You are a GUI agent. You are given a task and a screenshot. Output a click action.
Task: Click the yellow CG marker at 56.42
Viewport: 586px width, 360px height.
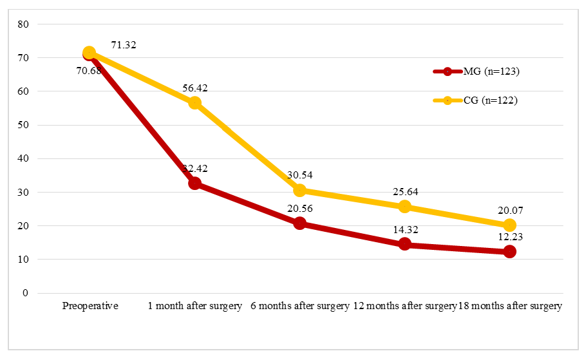click(x=194, y=103)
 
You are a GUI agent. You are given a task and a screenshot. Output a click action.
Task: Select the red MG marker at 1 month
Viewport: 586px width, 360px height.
click(x=194, y=184)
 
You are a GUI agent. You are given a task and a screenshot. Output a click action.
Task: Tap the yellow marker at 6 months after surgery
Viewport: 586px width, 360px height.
click(x=299, y=191)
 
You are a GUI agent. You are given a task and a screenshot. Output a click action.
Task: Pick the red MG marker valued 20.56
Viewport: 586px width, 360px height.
click(x=299, y=223)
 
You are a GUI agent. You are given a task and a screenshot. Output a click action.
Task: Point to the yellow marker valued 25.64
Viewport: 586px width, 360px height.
click(x=404, y=207)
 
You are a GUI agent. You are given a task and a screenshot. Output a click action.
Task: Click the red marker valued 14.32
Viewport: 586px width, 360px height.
click(x=404, y=244)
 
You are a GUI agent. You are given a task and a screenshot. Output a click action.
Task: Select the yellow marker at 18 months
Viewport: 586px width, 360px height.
click(x=509, y=225)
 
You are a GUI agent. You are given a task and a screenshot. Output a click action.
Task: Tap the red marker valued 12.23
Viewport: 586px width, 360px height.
click(x=509, y=252)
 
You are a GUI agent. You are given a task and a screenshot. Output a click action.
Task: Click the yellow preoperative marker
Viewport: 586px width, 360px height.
click(x=90, y=53)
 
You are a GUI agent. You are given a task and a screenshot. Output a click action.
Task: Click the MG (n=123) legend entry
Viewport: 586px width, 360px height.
click(x=477, y=71)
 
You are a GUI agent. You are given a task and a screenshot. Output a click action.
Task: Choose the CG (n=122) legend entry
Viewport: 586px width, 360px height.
click(x=477, y=100)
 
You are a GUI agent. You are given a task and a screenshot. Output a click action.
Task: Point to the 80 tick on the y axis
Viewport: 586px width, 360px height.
click(x=24, y=24)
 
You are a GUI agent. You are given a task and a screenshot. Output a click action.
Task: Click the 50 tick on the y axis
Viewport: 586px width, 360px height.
click(x=24, y=125)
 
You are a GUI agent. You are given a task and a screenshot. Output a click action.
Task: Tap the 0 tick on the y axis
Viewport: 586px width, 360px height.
click(x=26, y=293)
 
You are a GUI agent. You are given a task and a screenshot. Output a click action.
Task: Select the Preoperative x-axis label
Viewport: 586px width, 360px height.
click(x=90, y=306)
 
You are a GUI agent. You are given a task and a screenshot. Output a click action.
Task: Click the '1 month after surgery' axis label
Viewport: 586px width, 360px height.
click(x=195, y=306)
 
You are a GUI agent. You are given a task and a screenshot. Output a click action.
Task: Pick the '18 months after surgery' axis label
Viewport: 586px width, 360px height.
click(x=510, y=306)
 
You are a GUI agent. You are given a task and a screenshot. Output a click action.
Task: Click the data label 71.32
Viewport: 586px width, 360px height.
click(x=123, y=45)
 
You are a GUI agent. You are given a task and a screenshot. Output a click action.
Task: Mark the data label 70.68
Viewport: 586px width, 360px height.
click(x=89, y=71)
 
